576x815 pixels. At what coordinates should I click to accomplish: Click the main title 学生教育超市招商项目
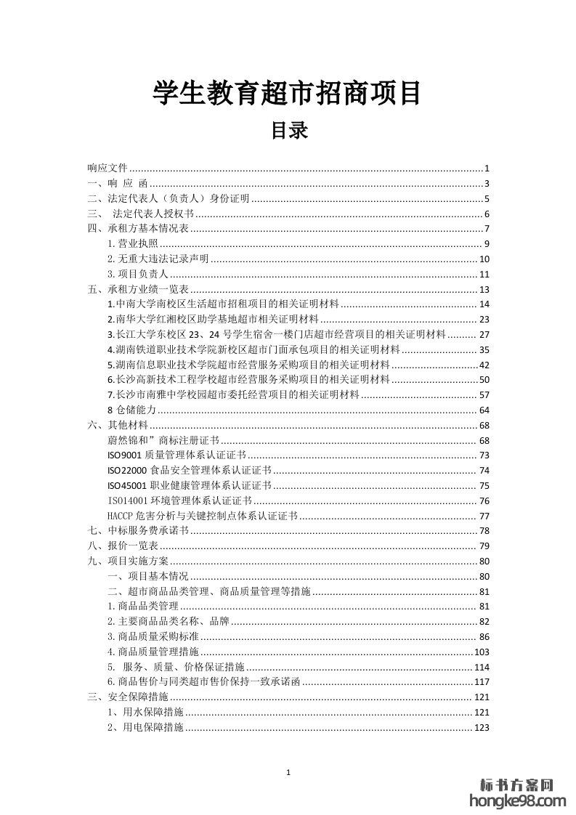click(287, 94)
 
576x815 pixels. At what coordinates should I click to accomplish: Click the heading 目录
click(289, 131)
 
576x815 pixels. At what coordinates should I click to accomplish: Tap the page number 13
click(484, 289)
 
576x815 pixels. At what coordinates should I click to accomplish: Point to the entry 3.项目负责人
click(137, 274)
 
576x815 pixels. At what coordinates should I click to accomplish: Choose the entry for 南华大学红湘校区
click(212, 319)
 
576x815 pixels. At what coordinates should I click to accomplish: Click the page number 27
click(484, 334)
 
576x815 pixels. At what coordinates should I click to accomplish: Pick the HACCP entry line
click(202, 516)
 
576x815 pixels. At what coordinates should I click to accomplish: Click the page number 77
click(484, 516)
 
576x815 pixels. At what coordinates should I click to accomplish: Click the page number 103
click(482, 652)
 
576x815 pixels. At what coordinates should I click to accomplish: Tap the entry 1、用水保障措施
click(145, 713)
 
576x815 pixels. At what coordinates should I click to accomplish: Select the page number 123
click(482, 728)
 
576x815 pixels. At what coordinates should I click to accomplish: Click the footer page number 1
click(288, 773)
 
